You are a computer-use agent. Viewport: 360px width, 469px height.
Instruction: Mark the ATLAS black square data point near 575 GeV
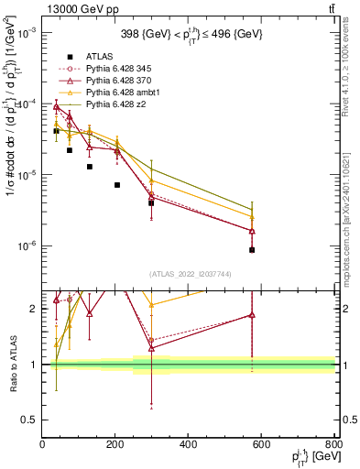[252, 249]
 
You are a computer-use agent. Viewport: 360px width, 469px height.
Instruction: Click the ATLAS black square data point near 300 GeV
[151, 202]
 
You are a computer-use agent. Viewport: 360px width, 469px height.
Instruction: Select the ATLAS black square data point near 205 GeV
[117, 185]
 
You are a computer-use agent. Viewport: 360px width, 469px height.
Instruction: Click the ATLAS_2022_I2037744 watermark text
[188, 273]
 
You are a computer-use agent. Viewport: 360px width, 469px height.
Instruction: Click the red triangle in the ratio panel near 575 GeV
[252, 315]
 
